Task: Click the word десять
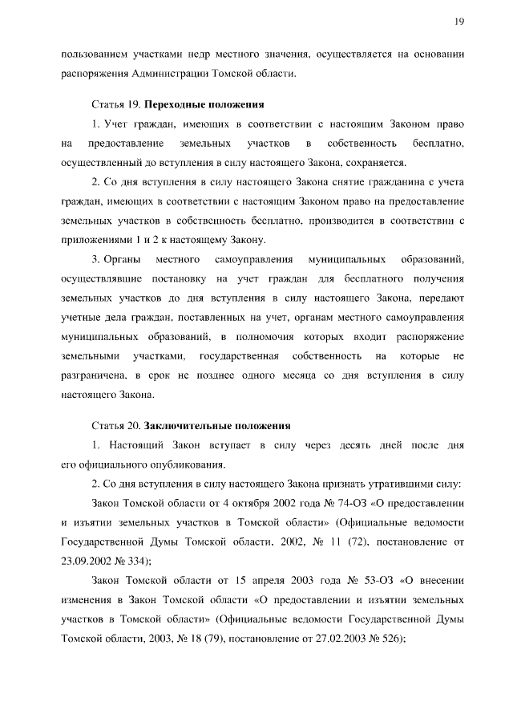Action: pyautogui.click(x=345, y=444)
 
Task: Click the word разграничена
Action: pyautogui.click(x=93, y=375)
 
